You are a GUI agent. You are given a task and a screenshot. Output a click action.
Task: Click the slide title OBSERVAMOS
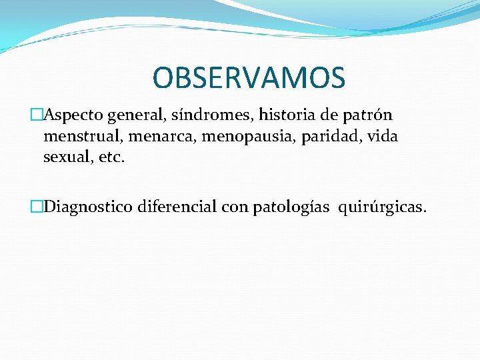(249, 77)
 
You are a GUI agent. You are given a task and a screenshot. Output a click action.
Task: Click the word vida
(383, 137)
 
